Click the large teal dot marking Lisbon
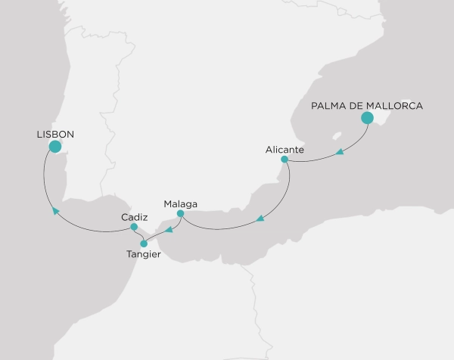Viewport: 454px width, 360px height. click(x=54, y=146)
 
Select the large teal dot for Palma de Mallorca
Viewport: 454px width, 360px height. click(x=367, y=118)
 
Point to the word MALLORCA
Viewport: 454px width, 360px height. click(x=396, y=106)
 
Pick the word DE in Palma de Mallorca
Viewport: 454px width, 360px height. click(x=359, y=106)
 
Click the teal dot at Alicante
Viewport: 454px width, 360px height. click(x=285, y=160)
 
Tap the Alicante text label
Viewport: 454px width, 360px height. click(x=285, y=150)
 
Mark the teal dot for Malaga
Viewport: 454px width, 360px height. click(x=180, y=213)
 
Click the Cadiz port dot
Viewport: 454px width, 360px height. click(x=133, y=227)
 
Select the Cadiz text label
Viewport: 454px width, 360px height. click(x=134, y=217)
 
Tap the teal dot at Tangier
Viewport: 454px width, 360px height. click(x=144, y=244)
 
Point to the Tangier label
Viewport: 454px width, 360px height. click(x=144, y=254)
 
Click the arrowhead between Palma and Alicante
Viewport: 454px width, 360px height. click(x=340, y=153)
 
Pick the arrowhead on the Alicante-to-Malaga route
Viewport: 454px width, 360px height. click(x=260, y=219)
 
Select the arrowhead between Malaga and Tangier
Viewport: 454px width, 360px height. click(x=169, y=231)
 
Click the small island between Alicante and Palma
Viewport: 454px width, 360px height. click(x=335, y=135)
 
